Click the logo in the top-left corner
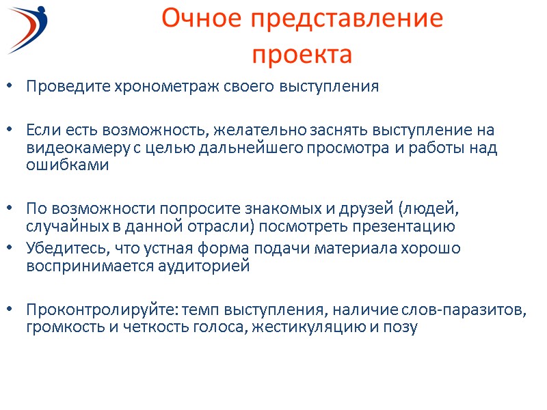coord(34,28)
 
